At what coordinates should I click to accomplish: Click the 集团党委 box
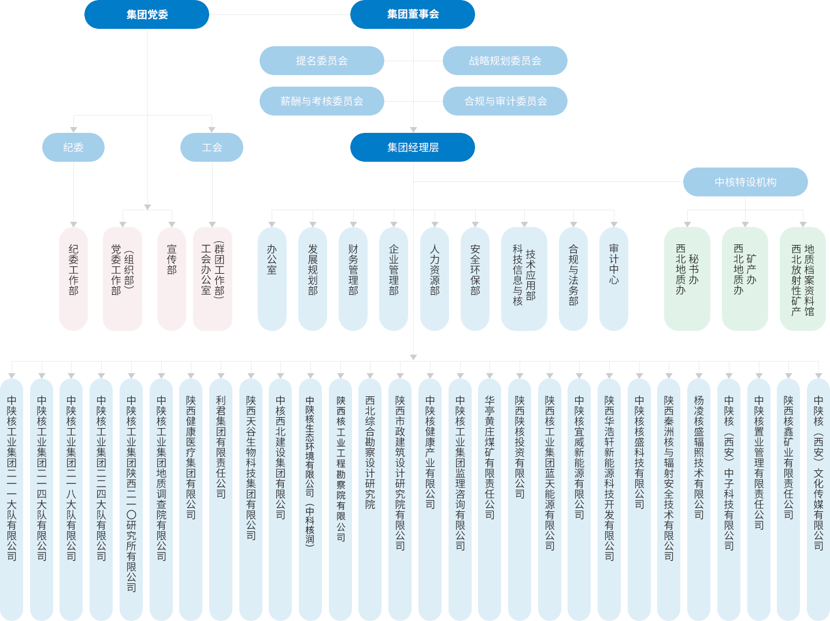(147, 14)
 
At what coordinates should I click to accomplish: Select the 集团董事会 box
(413, 14)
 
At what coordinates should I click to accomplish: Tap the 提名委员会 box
(322, 61)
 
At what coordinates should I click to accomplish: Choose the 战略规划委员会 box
(505, 61)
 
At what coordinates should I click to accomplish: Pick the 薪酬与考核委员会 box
(322, 101)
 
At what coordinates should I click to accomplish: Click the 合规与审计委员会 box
(505, 101)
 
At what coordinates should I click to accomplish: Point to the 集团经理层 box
(413, 147)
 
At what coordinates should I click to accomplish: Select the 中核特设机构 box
(745, 182)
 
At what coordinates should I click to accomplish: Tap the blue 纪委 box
(73, 147)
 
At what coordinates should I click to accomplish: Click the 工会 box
(212, 147)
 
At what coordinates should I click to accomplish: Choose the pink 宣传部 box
(172, 278)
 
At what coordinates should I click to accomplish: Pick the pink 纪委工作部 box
(73, 278)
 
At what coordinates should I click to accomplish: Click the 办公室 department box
(272, 278)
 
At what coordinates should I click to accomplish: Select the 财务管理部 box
(353, 278)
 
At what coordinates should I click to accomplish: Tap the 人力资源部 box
(435, 278)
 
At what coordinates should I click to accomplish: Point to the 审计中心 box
(614, 278)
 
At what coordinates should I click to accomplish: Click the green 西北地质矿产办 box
(745, 278)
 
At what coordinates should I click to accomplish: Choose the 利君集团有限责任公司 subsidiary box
(221, 499)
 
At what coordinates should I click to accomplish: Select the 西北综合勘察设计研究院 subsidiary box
(370, 499)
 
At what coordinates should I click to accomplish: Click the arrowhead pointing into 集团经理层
(413, 129)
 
